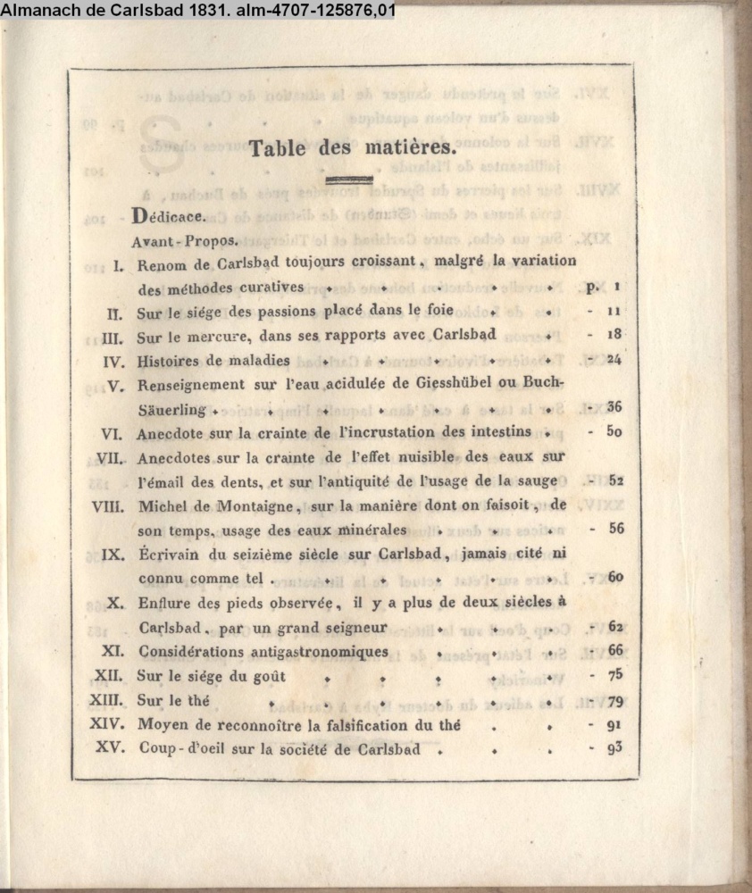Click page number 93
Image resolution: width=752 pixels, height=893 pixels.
pyautogui.click(x=614, y=747)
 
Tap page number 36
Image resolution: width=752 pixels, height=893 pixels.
pyautogui.click(x=614, y=406)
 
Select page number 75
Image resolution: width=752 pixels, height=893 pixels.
pyautogui.click(x=614, y=675)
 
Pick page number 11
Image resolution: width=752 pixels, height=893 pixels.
pyautogui.click(x=614, y=312)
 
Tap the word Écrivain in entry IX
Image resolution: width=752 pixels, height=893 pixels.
pyautogui.click(x=171, y=554)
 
